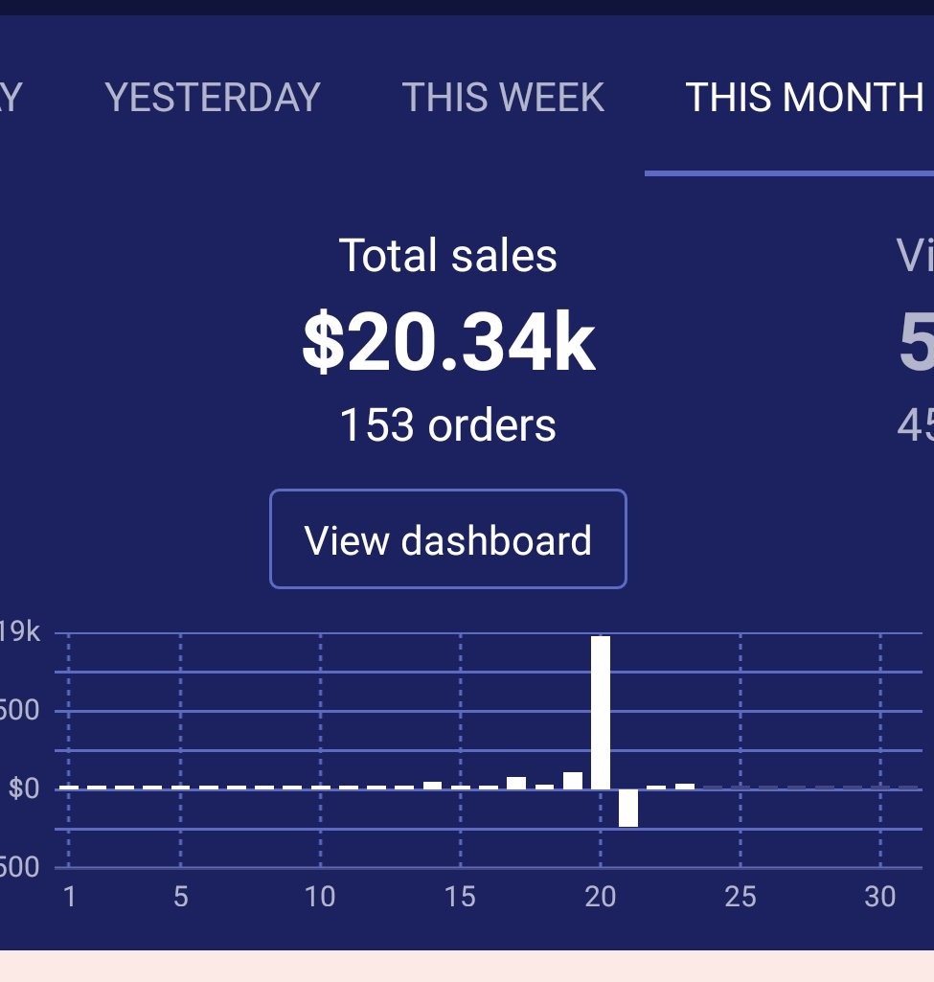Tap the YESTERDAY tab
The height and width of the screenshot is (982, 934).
tap(212, 98)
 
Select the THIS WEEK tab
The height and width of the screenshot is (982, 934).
tap(503, 98)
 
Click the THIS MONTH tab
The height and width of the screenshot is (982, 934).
tap(803, 98)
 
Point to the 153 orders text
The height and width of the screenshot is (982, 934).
tap(448, 424)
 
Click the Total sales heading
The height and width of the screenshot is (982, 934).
tap(448, 256)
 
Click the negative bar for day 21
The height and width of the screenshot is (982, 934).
tap(628, 808)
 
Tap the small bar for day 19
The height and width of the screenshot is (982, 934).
tap(573, 780)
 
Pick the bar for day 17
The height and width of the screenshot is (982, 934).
tap(516, 783)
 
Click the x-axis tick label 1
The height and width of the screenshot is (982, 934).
tap(69, 898)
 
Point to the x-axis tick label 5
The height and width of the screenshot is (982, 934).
tap(181, 898)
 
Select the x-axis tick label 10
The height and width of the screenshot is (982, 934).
tap(320, 898)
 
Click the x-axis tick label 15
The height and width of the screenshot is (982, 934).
tap(460, 898)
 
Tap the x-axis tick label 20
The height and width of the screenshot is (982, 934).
tap(600, 898)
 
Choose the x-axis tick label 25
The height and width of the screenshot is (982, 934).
tap(740, 898)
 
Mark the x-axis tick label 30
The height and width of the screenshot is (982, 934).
tap(879, 898)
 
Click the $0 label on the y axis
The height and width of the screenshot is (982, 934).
tap(24, 789)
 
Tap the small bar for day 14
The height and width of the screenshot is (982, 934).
tap(432, 785)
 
